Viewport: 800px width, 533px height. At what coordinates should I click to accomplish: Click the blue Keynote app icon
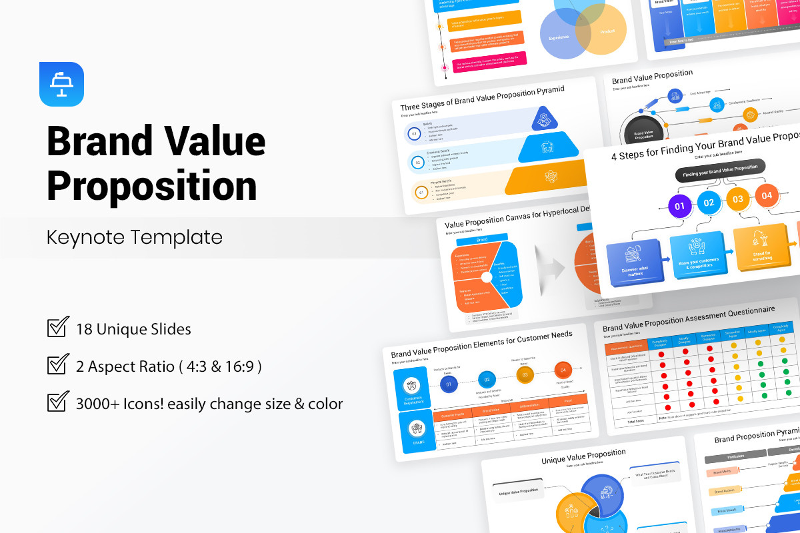point(61,84)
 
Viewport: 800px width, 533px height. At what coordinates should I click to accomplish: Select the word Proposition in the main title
point(152,186)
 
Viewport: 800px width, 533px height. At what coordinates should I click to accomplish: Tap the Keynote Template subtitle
point(134,237)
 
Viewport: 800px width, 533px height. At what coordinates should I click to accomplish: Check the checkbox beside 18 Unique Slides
point(58,328)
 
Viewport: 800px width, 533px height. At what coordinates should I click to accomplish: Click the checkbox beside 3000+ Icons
point(58,402)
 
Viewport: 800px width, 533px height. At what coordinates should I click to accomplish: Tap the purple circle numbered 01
point(680,206)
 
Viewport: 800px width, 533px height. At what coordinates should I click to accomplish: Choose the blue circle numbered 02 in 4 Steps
point(709,202)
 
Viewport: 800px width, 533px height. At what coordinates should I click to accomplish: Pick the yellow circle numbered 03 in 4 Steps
point(738,199)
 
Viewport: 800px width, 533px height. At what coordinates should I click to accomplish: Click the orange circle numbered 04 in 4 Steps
point(767,195)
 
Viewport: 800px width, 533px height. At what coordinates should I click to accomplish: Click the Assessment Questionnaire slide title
point(689,319)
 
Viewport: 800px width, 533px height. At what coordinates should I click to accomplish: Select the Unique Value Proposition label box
point(518,491)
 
